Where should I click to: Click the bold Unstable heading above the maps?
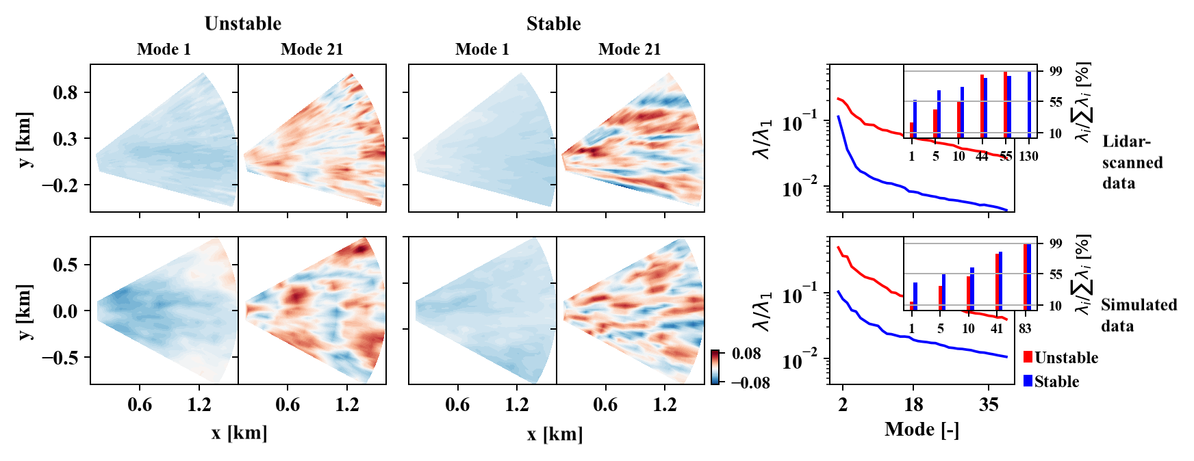pos(243,23)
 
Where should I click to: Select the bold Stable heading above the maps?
pos(553,23)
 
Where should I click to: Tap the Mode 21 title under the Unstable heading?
pos(312,49)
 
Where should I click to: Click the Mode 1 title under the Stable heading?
pos(482,49)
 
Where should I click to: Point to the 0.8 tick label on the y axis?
pos(66,92)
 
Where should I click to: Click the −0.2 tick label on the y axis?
pos(60,185)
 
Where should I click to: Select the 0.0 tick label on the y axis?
pos(66,311)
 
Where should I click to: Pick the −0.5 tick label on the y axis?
pos(60,358)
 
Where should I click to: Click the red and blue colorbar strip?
pos(715,367)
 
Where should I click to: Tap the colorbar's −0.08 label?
pos(750,383)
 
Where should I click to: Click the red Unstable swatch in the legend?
pos(1028,357)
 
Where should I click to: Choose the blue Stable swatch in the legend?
pos(1028,381)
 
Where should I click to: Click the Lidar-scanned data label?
pos(1132,163)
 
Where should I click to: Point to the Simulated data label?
pos(1139,315)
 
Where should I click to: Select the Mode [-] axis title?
pos(922,430)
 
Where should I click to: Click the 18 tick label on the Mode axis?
pos(913,405)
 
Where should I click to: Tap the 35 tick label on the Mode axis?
pos(989,405)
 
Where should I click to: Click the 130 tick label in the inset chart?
pos(1028,157)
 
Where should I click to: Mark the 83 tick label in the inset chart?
pos(1025,329)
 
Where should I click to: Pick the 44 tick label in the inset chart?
pos(982,157)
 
